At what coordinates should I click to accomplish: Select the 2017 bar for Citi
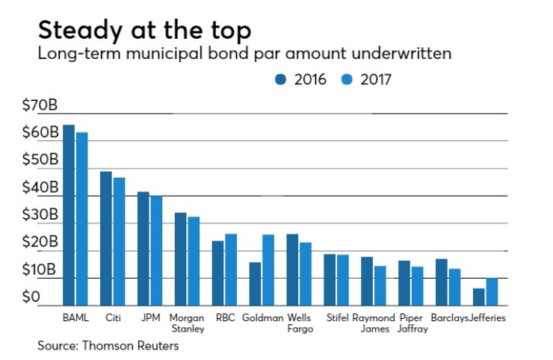coord(119,242)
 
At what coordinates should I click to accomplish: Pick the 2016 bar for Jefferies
coord(479,297)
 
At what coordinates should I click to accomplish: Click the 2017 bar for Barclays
coord(454,288)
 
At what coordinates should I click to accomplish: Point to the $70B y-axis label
coord(40,105)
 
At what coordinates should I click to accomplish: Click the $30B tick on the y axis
coord(40,215)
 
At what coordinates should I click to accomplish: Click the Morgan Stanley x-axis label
coord(188,323)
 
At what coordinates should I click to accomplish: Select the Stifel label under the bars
coord(337,318)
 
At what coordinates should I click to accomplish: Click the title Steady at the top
coord(144,31)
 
